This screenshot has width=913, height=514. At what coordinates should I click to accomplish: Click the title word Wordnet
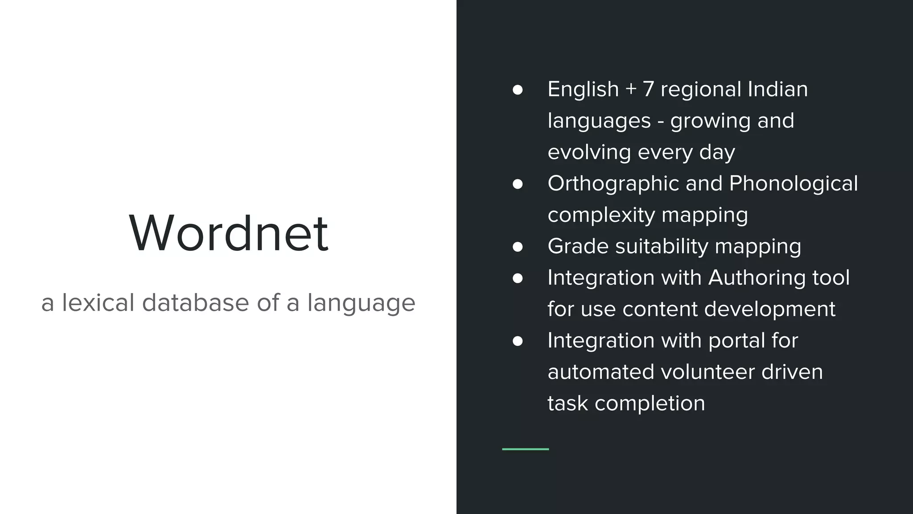(x=228, y=233)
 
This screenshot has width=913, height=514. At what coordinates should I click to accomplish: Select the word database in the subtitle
(x=195, y=303)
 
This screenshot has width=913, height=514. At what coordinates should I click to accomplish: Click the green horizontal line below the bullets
(x=525, y=449)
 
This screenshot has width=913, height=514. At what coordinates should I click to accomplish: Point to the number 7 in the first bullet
(x=648, y=89)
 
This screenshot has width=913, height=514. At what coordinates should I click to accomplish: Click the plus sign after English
(x=630, y=89)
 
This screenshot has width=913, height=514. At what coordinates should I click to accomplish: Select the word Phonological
(x=793, y=184)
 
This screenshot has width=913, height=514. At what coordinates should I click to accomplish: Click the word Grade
(x=578, y=246)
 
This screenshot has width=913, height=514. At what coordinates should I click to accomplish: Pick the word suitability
(x=662, y=246)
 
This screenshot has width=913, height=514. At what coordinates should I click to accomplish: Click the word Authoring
(x=757, y=278)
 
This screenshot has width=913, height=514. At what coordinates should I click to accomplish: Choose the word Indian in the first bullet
(x=777, y=89)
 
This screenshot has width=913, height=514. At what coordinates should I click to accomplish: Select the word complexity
(x=601, y=215)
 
